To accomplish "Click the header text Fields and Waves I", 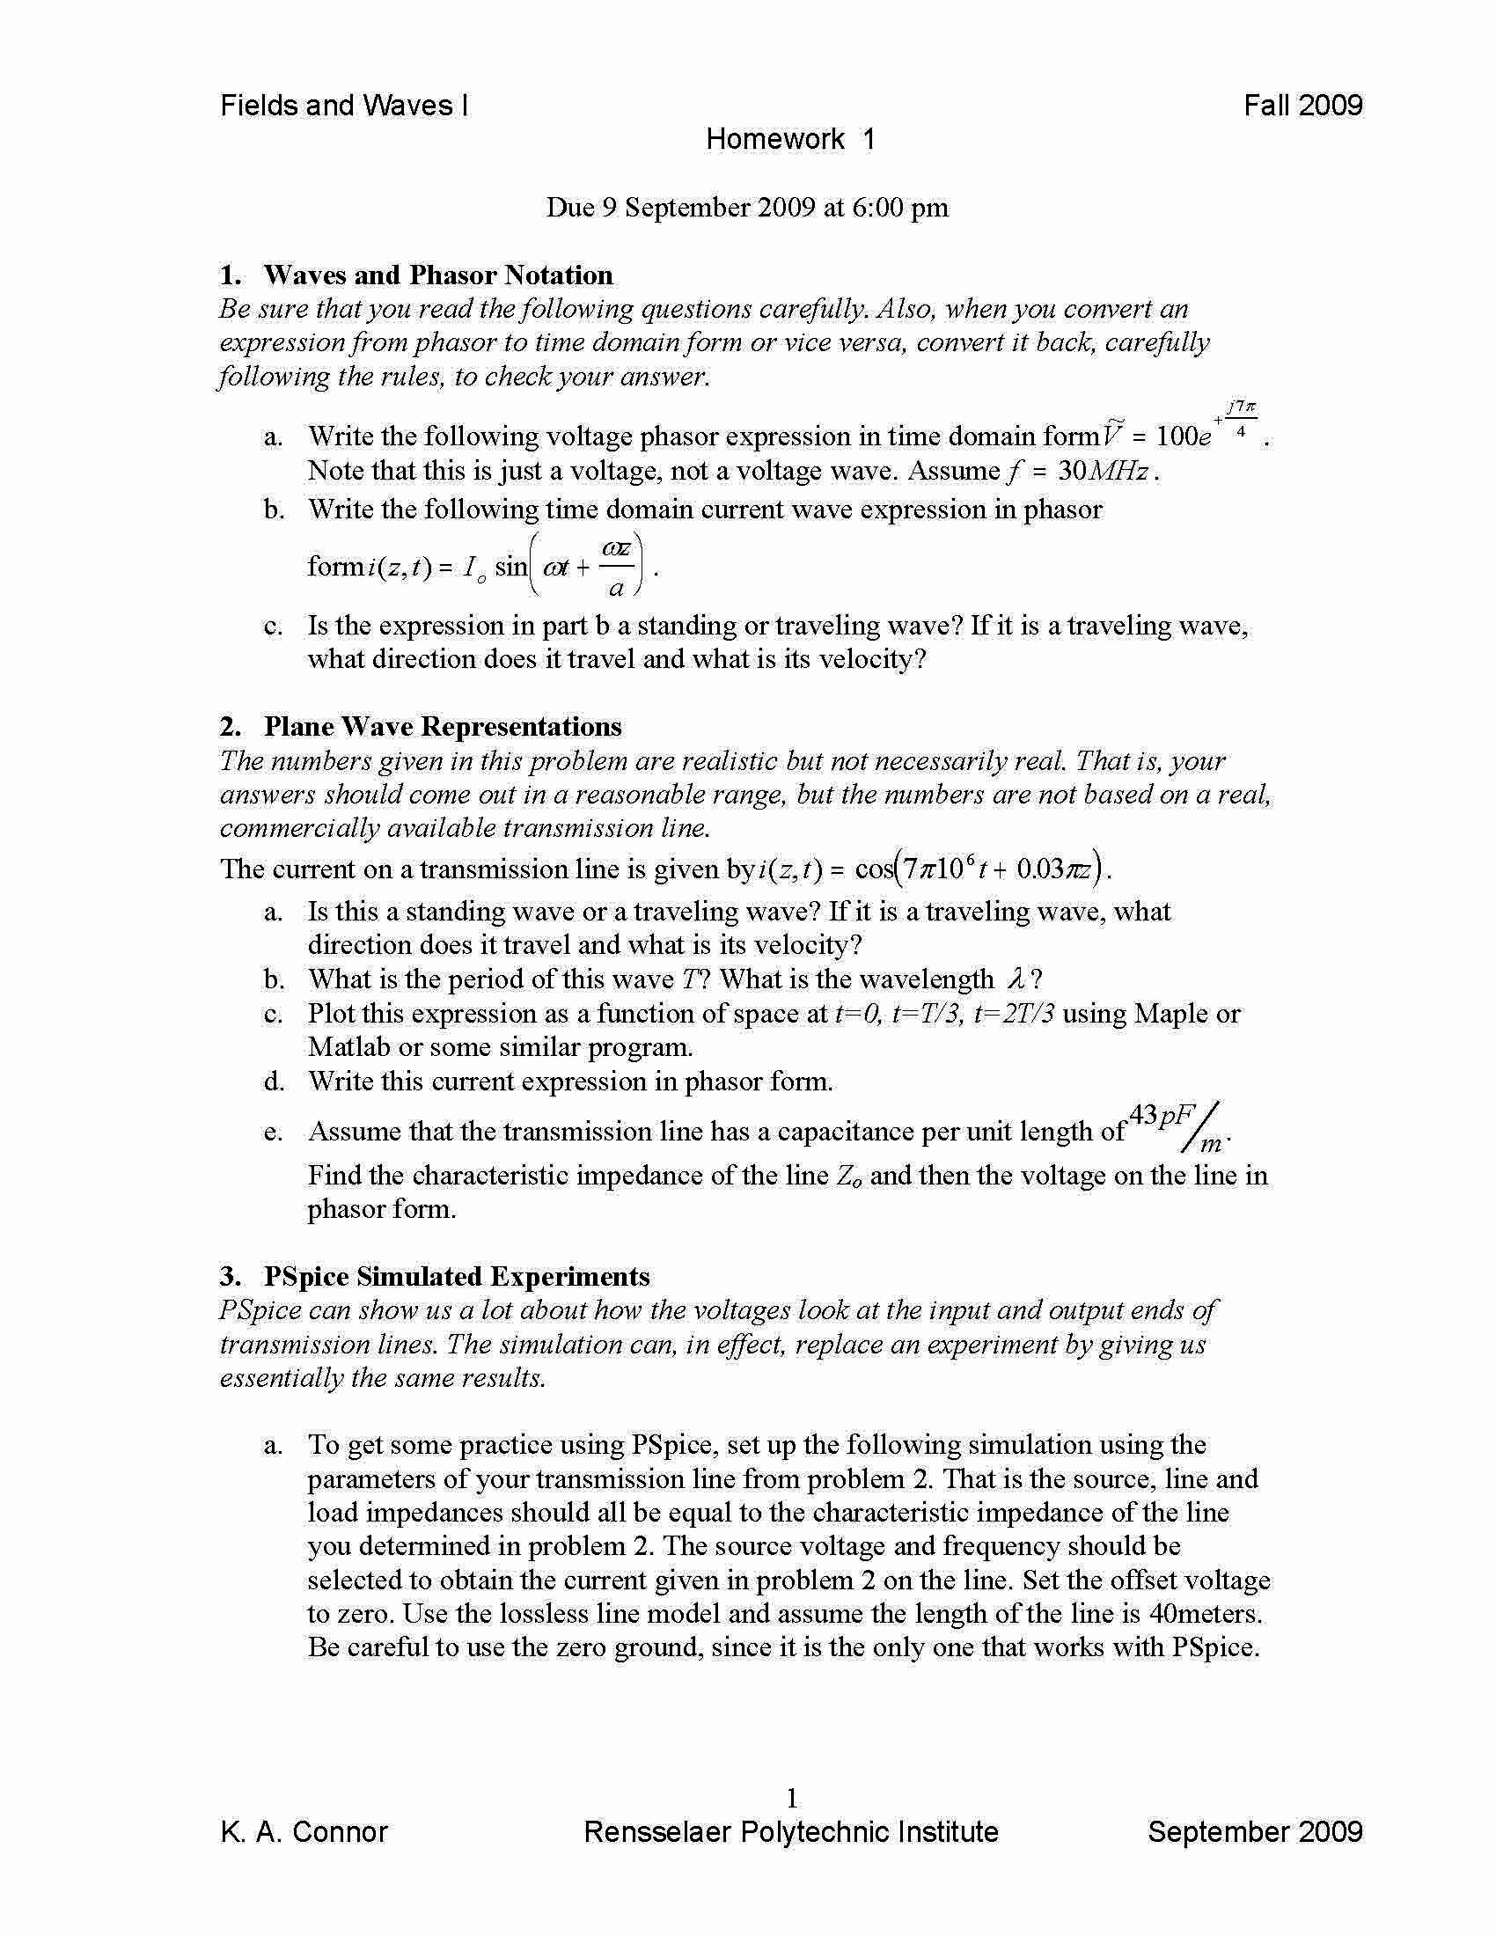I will (344, 106).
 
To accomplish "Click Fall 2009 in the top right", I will (1302, 106).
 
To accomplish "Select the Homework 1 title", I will (790, 139).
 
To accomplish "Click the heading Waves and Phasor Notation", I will (438, 275).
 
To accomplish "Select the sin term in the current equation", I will (510, 566).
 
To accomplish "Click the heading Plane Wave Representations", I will (443, 727).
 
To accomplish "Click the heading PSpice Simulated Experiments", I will (457, 1277).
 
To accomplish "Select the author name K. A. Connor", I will (304, 1832).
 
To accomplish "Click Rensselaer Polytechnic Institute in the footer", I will (790, 1832).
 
